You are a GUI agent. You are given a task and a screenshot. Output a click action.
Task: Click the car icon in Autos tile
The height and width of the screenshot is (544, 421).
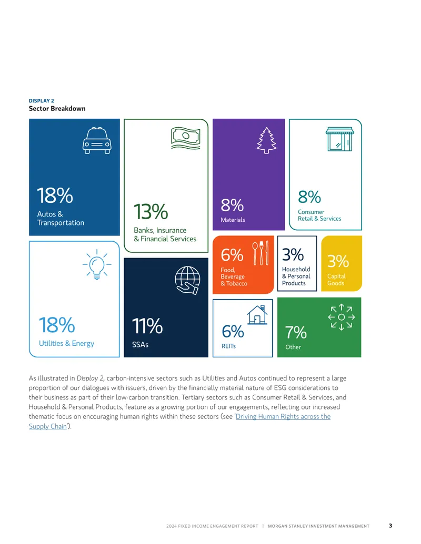[97, 140]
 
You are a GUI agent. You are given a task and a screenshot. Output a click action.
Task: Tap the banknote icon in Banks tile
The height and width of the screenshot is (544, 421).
[186, 138]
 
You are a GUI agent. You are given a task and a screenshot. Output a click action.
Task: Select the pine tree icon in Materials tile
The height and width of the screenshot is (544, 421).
[266, 140]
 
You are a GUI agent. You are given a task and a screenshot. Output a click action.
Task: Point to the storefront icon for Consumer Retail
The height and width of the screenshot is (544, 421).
[340, 139]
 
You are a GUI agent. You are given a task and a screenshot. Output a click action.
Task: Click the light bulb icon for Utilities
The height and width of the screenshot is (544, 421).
[97, 264]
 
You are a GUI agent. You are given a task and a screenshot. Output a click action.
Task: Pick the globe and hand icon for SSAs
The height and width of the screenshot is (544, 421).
[187, 280]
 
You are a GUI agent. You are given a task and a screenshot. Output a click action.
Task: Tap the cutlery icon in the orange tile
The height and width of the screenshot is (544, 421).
[260, 253]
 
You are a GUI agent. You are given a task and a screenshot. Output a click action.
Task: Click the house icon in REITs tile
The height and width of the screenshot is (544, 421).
[257, 315]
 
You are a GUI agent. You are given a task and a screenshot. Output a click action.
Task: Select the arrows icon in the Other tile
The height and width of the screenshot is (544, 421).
[342, 317]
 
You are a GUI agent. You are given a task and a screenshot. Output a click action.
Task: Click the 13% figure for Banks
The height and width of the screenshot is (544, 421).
[151, 212]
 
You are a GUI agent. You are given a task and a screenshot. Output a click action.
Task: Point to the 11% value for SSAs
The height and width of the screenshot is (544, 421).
[147, 326]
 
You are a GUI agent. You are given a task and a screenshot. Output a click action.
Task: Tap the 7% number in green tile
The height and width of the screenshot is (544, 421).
[296, 332]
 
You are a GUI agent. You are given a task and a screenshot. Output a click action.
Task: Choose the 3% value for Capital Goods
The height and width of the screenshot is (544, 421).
[338, 261]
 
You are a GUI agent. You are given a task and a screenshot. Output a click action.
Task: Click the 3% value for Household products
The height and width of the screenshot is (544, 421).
[293, 254]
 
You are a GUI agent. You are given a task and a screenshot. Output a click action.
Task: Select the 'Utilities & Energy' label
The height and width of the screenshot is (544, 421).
[66, 343]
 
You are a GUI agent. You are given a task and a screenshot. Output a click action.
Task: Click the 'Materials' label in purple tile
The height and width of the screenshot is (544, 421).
[233, 220]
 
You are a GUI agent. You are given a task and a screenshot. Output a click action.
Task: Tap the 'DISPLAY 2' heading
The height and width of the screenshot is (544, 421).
[42, 100]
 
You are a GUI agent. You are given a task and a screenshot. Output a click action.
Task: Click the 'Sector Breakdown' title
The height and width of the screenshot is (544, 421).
[57, 109]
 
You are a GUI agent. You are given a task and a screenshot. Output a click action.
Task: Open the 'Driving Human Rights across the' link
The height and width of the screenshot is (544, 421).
[283, 416]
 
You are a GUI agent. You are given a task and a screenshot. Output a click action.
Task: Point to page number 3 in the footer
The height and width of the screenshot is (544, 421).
[390, 526]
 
